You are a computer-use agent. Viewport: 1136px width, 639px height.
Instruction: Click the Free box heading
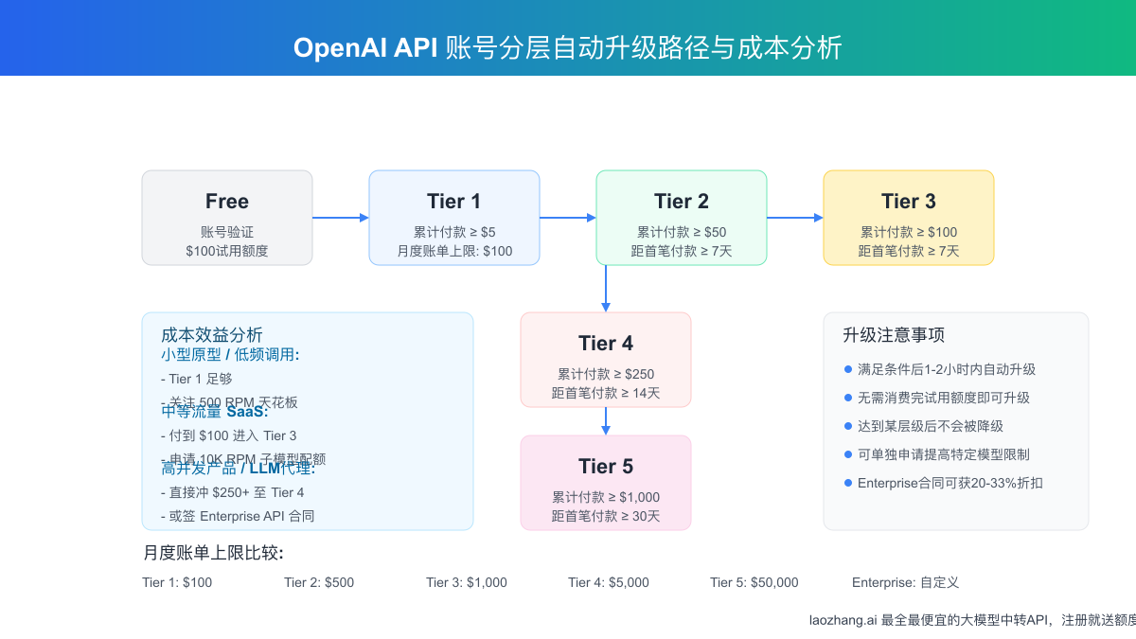(227, 202)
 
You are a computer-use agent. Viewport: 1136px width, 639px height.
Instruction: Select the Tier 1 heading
(454, 202)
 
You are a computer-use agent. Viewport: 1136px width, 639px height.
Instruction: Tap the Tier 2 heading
(682, 202)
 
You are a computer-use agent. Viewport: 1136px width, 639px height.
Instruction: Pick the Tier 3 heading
(909, 202)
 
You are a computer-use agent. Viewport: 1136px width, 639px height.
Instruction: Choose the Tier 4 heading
(606, 344)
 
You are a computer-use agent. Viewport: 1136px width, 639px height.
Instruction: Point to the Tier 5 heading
(606, 467)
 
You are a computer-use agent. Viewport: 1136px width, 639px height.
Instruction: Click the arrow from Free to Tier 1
(340, 218)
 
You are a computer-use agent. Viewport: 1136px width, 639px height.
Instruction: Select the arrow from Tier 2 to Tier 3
(794, 218)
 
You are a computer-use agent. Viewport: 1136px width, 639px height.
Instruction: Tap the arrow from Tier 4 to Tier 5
(606, 421)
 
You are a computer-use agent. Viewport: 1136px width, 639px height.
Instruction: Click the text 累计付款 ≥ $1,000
(606, 497)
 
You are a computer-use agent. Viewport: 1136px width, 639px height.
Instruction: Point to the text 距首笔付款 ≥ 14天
(606, 393)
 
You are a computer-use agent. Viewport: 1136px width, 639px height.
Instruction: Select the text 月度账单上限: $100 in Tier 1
(454, 251)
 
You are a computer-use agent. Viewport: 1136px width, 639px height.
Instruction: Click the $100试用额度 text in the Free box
(227, 251)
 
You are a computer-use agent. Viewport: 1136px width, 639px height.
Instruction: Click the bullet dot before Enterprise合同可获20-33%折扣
(848, 483)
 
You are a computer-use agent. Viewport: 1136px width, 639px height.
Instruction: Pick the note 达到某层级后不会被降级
(930, 426)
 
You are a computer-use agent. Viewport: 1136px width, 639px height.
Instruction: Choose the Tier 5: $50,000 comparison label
(754, 582)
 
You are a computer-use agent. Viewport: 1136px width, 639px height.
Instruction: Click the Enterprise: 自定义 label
(905, 582)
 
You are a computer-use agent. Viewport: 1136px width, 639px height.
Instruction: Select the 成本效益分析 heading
(212, 335)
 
